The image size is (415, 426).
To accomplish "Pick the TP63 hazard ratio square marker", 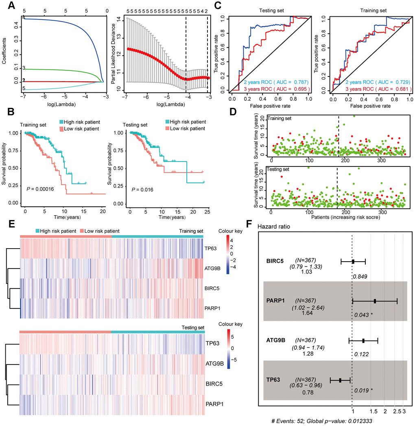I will click(340, 380).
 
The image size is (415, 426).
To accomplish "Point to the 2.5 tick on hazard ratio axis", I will click(396, 411).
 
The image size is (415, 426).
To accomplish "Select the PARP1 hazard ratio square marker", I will click(375, 301).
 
